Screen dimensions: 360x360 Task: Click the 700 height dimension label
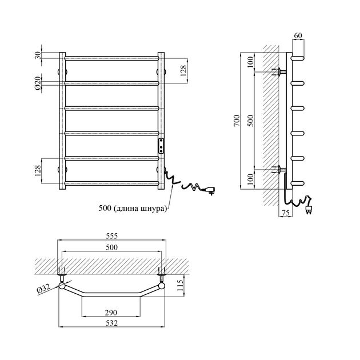[x=237, y=121]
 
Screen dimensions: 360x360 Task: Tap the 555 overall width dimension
[x=112, y=236]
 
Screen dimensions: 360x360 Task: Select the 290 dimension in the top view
[x=111, y=313]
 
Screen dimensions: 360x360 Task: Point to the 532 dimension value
[x=112, y=323]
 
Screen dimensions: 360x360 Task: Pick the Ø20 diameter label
[x=38, y=83]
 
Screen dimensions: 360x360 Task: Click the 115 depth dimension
[x=181, y=285]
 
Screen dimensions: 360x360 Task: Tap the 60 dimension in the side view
[x=298, y=35]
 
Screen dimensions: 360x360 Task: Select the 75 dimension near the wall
[x=285, y=213]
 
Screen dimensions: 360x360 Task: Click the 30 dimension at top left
[x=38, y=55]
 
